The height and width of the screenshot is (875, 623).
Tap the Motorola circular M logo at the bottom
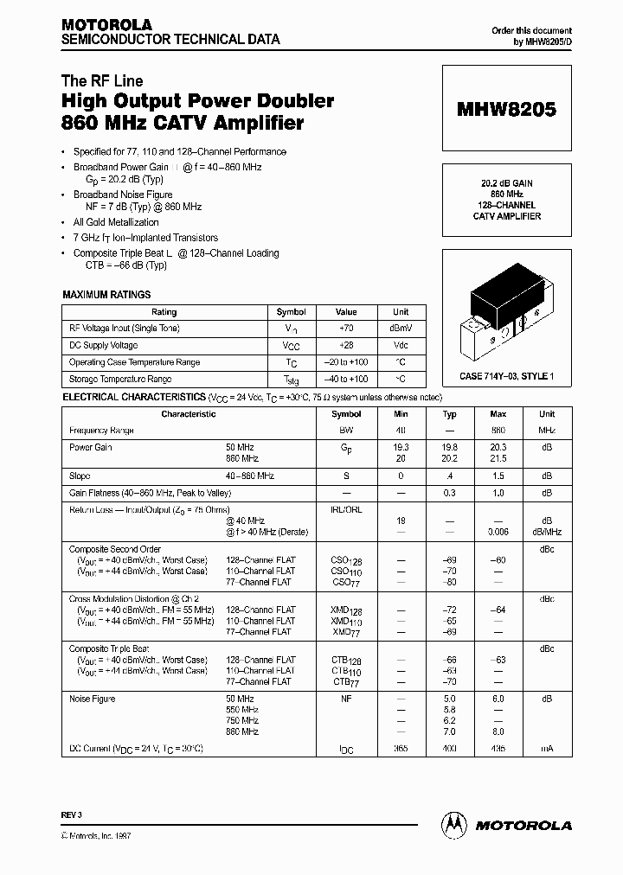click(x=452, y=824)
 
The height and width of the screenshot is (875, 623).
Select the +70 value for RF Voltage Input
click(x=346, y=329)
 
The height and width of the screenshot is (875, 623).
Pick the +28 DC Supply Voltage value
click(x=346, y=345)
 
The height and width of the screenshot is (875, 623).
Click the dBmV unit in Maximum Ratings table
click(x=401, y=329)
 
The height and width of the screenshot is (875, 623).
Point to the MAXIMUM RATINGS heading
click(x=106, y=295)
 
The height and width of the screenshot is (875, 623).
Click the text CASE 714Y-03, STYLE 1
click(x=506, y=376)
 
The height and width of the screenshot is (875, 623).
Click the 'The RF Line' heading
click(x=102, y=81)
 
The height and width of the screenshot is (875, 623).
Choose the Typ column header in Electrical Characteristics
click(x=449, y=414)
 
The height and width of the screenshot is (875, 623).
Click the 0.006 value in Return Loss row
click(x=498, y=533)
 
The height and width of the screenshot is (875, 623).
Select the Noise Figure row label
click(x=92, y=698)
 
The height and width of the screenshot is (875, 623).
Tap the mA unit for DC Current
click(x=547, y=748)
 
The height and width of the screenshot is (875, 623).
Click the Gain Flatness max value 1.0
click(x=498, y=492)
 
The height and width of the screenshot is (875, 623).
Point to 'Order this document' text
click(x=531, y=30)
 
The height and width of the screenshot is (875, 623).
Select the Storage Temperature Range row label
click(x=120, y=379)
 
